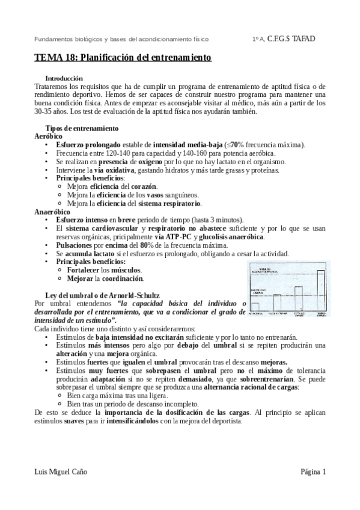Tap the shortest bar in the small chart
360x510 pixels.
pyautogui.click(x=255, y=307)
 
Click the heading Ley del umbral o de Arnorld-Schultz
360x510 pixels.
pyautogui.click(x=102, y=295)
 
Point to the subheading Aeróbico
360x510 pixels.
pyautogui.click(x=48, y=137)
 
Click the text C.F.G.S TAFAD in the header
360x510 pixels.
pyautogui.click(x=291, y=39)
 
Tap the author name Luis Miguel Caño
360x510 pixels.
pyautogui.click(x=61, y=472)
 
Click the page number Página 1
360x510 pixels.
pyautogui.click(x=313, y=472)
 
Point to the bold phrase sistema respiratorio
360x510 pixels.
pyautogui.click(x=168, y=204)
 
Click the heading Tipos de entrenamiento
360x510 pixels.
pyautogui.click(x=82, y=129)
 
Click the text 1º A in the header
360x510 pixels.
pyautogui.click(x=258, y=39)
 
